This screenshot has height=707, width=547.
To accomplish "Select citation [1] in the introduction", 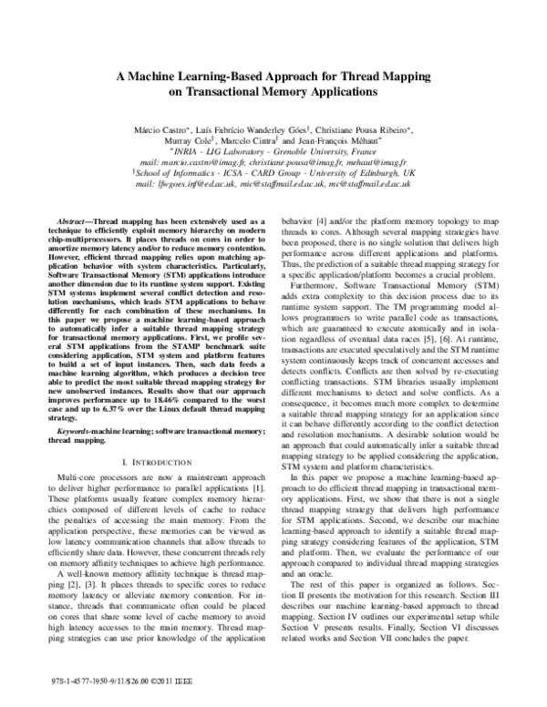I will (x=256, y=465).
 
